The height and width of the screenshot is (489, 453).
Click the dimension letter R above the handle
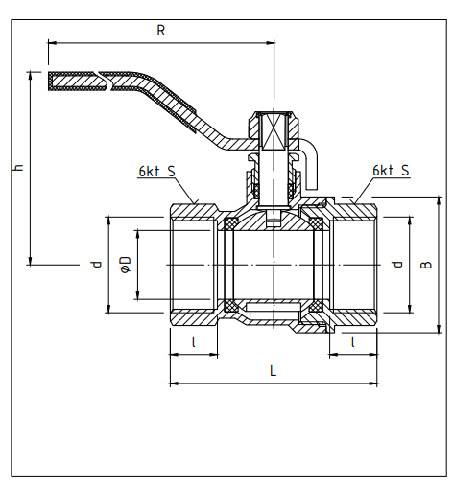pyautogui.click(x=161, y=31)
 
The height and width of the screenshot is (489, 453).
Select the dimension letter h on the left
pyautogui.click(x=19, y=168)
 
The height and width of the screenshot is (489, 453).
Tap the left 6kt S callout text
pyautogui.click(x=157, y=172)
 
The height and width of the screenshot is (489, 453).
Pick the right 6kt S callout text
pyautogui.click(x=391, y=171)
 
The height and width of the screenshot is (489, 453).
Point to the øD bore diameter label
pyautogui.click(x=125, y=265)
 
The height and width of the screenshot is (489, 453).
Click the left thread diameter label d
pyautogui.click(x=96, y=265)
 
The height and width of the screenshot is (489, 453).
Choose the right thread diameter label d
pyautogui.click(x=397, y=265)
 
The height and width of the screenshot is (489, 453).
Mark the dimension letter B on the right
pyautogui.click(x=426, y=265)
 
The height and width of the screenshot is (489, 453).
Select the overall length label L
pyautogui.click(x=273, y=371)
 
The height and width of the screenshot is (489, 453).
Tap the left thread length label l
pyautogui.click(x=194, y=342)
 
